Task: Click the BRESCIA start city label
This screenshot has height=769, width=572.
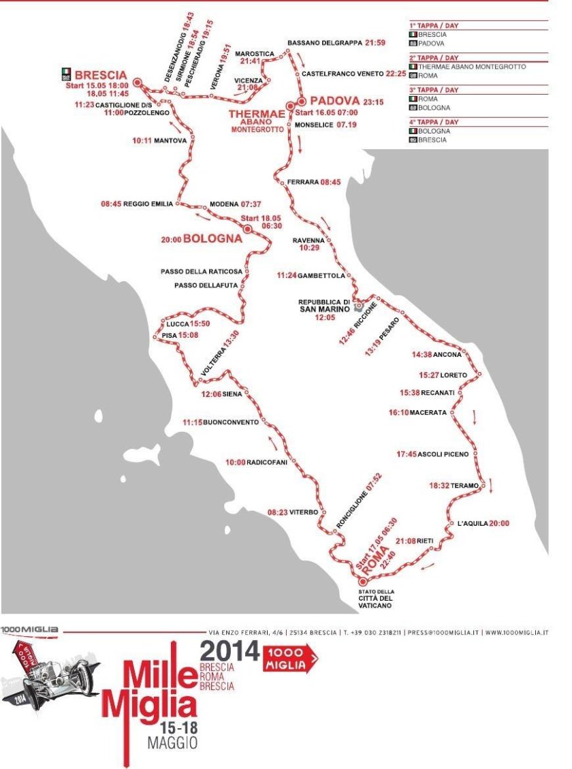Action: coord(101,74)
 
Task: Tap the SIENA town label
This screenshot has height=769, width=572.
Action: coord(232,393)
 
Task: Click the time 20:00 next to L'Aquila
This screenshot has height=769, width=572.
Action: coord(499,523)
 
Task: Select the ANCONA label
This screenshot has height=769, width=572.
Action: coord(449,354)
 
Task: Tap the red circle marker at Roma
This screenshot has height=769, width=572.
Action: coord(362,581)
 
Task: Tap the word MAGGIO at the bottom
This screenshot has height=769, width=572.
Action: coord(172,742)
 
